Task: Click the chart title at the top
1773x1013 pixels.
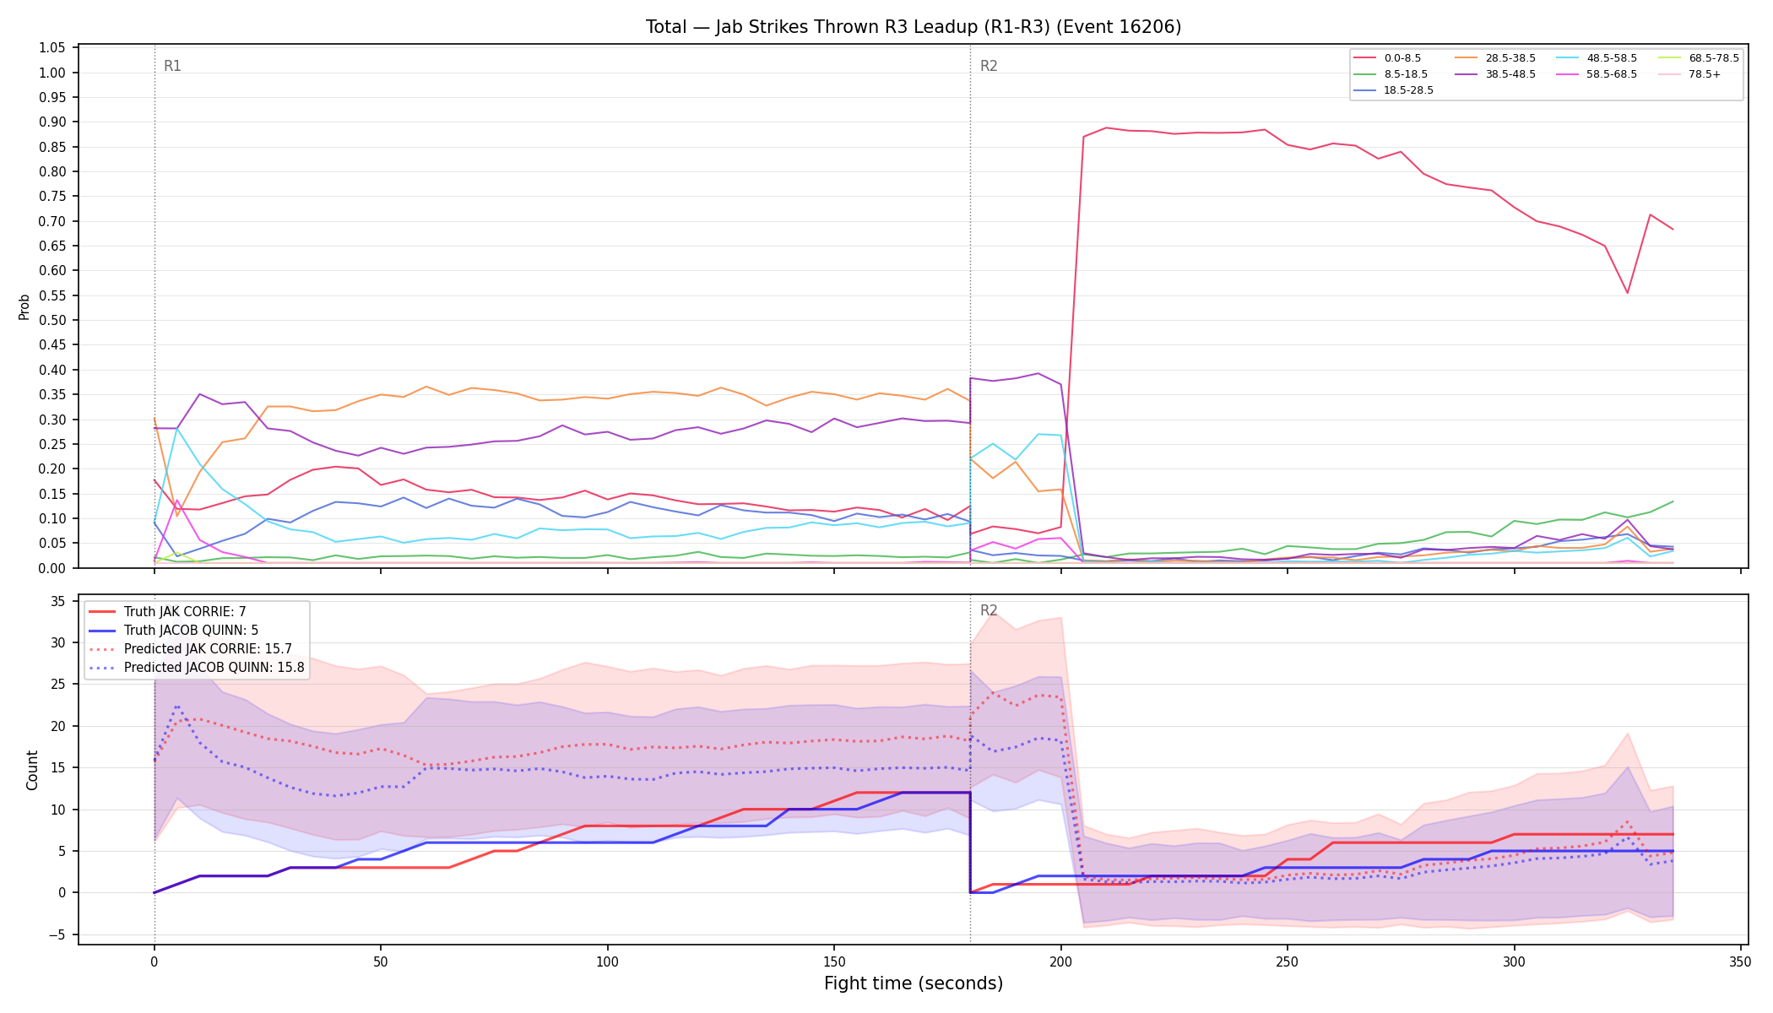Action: point(914,27)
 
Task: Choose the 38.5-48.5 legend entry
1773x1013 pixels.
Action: point(1495,74)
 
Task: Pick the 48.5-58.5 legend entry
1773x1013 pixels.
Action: point(1597,58)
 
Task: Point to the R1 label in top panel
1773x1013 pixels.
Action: point(172,66)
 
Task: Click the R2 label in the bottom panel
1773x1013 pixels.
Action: point(989,610)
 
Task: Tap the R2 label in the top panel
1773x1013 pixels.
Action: point(989,66)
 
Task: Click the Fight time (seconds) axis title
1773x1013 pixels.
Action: point(914,983)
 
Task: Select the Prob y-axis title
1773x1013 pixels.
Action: point(24,306)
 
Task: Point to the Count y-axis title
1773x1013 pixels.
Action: point(33,770)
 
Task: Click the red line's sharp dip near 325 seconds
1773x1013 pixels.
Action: point(1627,293)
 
